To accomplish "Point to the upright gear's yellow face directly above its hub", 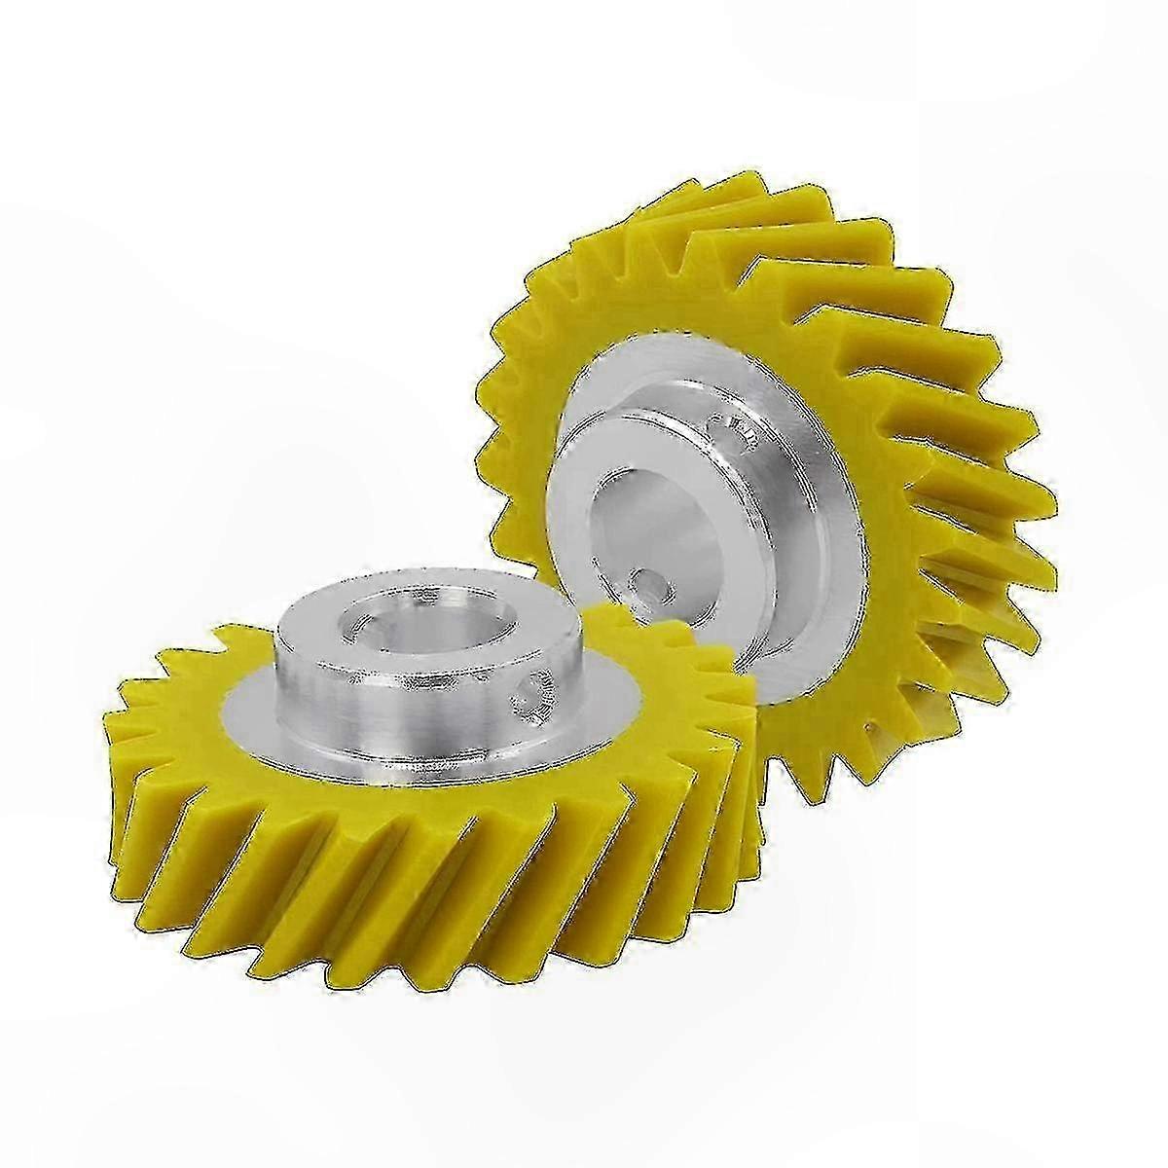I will [x=681, y=311].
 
